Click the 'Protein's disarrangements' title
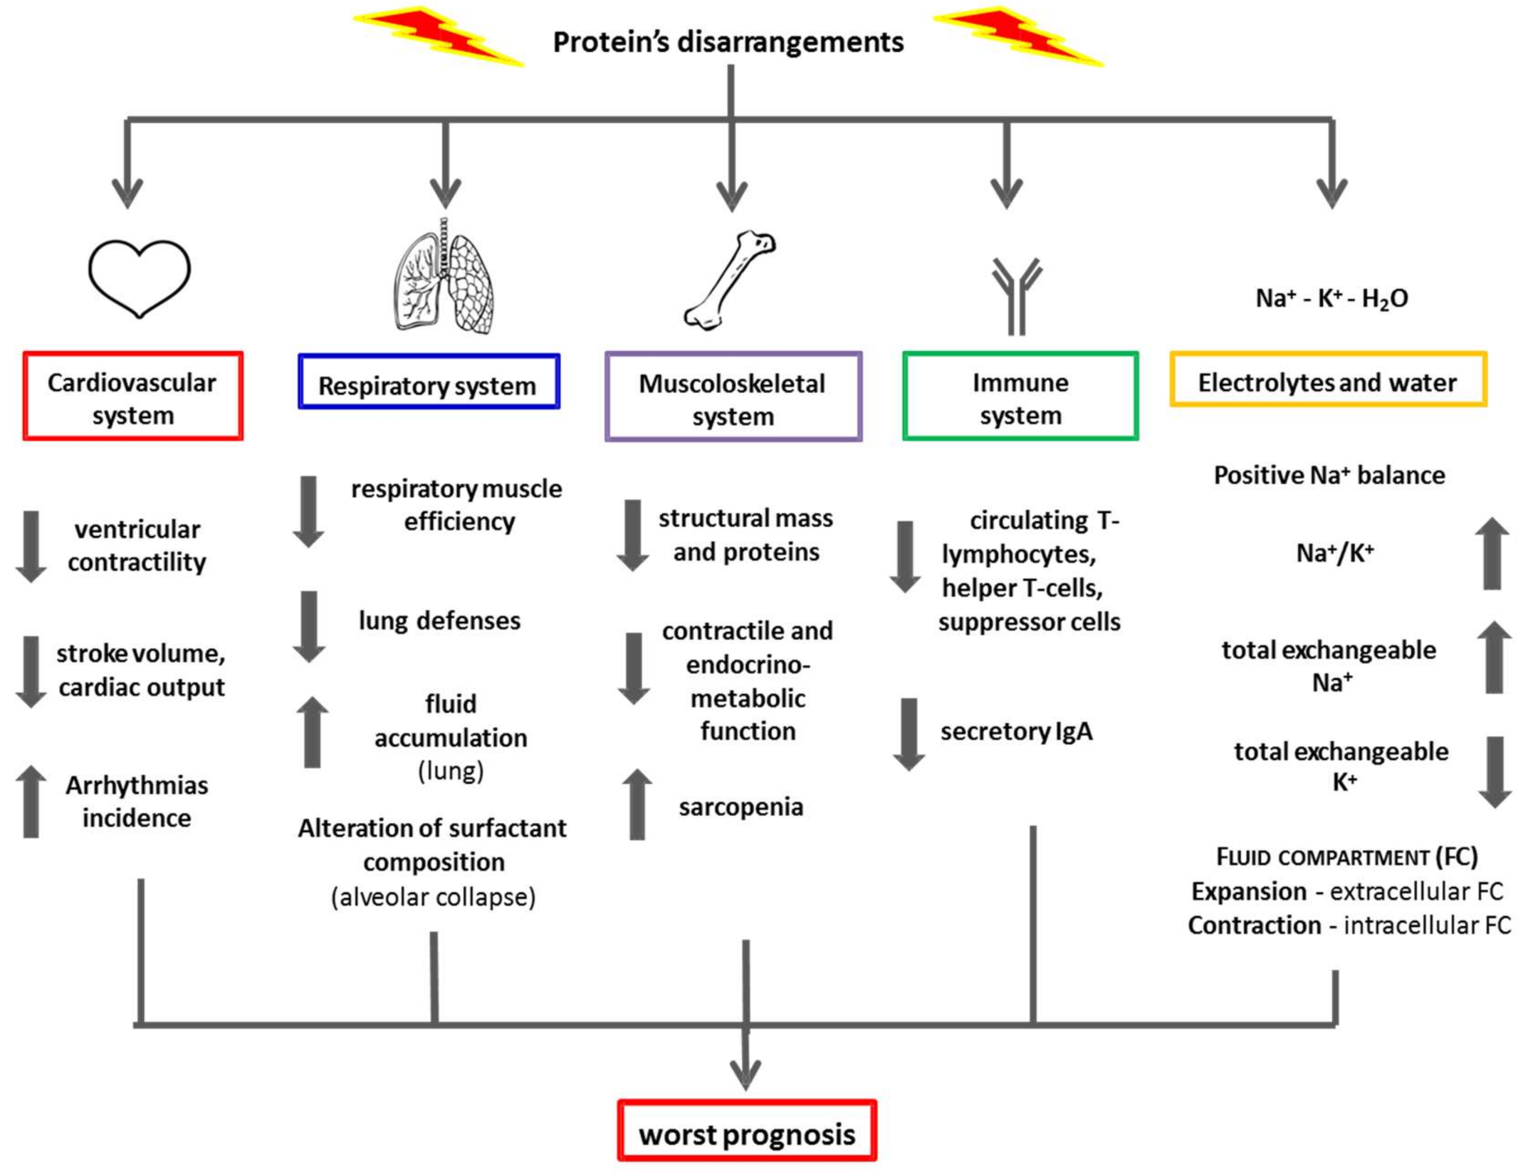728,42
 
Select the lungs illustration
444,276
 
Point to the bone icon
729,280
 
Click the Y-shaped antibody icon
1017,295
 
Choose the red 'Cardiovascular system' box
133,396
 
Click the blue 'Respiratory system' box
429,382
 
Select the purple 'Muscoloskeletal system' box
733,397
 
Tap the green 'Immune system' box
1020,396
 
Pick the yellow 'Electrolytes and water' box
1329,379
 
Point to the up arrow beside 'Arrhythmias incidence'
31,802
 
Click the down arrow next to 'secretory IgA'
909,735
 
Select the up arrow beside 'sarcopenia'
637,804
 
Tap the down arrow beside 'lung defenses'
309,627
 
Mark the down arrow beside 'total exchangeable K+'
1495,772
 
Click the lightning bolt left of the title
439,36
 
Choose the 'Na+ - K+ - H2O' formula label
1331,298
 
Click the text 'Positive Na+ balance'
1329,475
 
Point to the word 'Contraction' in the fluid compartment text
1255,925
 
